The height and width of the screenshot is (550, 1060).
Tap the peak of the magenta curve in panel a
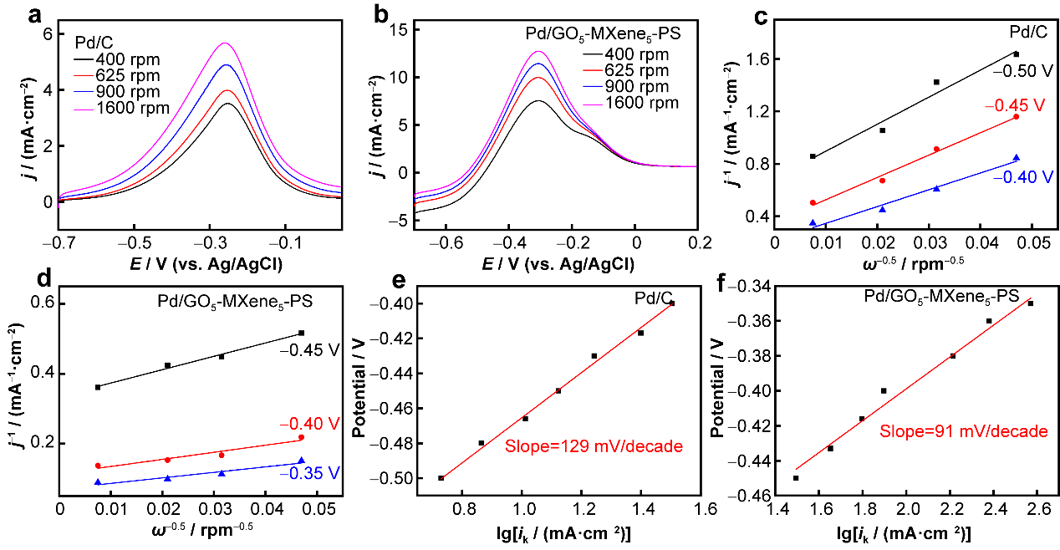coord(224,43)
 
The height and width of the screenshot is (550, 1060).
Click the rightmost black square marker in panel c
coord(1016,54)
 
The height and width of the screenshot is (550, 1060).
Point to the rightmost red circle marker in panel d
coord(301,437)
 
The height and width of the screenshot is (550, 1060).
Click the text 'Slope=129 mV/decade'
coord(594,446)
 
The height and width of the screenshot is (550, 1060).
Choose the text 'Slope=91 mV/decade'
coord(963,431)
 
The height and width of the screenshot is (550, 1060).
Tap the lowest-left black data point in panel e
coord(441,478)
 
